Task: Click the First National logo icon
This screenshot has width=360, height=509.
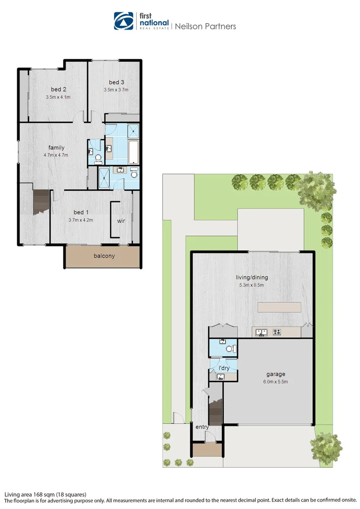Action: pyautogui.click(x=124, y=21)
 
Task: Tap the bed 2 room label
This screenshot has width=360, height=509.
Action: pyautogui.click(x=58, y=90)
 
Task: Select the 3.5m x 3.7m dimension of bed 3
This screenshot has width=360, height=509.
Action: pyautogui.click(x=116, y=90)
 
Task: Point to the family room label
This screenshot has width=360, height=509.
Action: pyautogui.click(x=56, y=148)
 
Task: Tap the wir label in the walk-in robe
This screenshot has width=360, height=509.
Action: pyautogui.click(x=121, y=220)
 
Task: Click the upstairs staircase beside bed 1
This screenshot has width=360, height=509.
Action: pyautogui.click(x=41, y=201)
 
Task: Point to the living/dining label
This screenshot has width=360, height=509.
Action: pyautogui.click(x=252, y=277)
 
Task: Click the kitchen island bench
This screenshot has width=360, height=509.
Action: pyautogui.click(x=279, y=308)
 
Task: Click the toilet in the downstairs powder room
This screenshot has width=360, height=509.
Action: pyautogui.click(x=230, y=349)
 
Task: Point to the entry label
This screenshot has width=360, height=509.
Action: pyautogui.click(x=202, y=427)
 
